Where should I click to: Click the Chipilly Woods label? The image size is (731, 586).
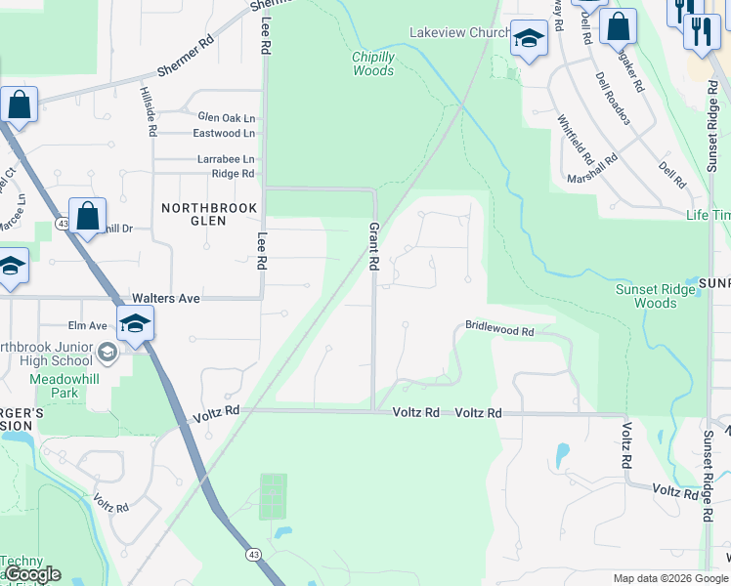(x=373, y=63)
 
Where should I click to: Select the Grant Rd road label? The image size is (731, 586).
(x=372, y=244)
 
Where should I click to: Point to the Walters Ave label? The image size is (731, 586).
(x=166, y=298)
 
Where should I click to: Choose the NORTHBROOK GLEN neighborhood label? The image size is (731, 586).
(x=208, y=214)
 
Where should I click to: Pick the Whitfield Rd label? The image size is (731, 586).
(x=576, y=139)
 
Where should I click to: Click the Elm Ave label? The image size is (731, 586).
(x=88, y=325)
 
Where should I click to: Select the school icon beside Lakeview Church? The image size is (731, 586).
(x=529, y=40)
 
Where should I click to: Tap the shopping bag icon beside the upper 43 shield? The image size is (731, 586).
(x=87, y=215)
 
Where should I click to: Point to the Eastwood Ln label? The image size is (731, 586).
(x=224, y=133)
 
